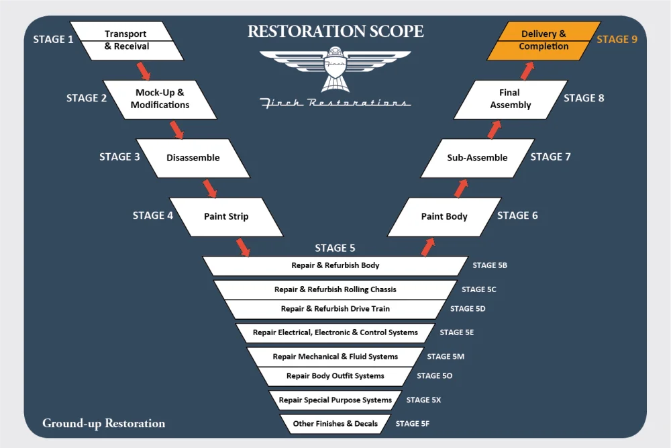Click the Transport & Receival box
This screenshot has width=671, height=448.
pyautogui.click(x=126, y=40)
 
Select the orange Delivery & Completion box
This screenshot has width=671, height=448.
pyautogui.click(x=544, y=40)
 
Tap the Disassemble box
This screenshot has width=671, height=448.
pyautogui.click(x=193, y=158)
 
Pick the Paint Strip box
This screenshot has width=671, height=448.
pyautogui.click(x=226, y=216)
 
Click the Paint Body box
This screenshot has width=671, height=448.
pyautogui.click(x=444, y=216)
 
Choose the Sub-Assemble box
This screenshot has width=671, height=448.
pyautogui.click(x=477, y=158)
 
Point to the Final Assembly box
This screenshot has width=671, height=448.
pyautogui.click(x=511, y=99)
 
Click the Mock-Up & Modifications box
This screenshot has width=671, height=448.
pyautogui.click(x=160, y=99)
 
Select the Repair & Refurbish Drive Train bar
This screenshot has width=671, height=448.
pyautogui.click(x=335, y=309)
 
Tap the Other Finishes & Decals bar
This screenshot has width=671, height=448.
pyautogui.click(x=335, y=424)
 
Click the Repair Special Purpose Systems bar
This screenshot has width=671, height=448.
pyautogui.click(x=335, y=400)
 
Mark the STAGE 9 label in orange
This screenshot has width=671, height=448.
pyautogui.click(x=617, y=39)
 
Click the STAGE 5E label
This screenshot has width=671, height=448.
pyautogui.click(x=457, y=332)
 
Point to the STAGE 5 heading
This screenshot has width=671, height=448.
pyautogui.click(x=335, y=248)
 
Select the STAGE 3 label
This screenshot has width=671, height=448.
pyautogui.click(x=120, y=156)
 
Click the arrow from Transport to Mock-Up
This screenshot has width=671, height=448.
pyautogui.click(x=144, y=70)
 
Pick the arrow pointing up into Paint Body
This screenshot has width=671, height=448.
pyautogui.click(x=427, y=247)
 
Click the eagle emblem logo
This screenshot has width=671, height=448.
pyautogui.click(x=335, y=69)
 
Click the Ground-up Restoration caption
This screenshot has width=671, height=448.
pyautogui.click(x=103, y=423)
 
